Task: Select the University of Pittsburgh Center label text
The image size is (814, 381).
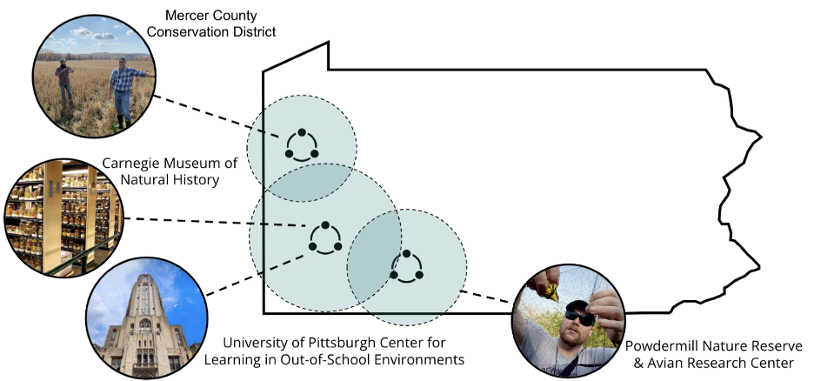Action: (x=344, y=349)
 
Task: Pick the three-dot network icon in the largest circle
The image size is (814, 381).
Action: (x=324, y=237)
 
